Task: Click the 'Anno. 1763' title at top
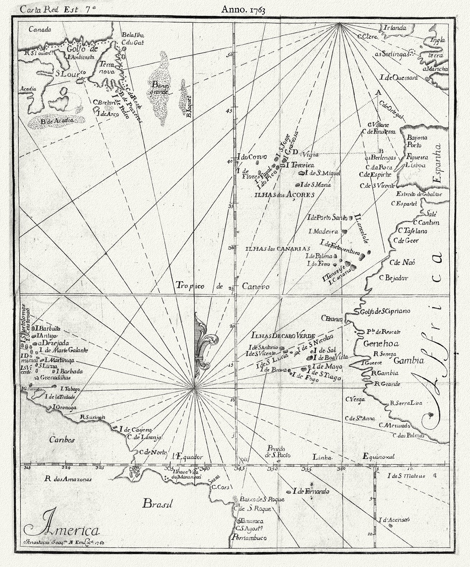pos(243,10)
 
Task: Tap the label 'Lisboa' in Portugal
pos(415,166)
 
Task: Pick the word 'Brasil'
pos(157,504)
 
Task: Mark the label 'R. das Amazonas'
pos(69,478)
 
